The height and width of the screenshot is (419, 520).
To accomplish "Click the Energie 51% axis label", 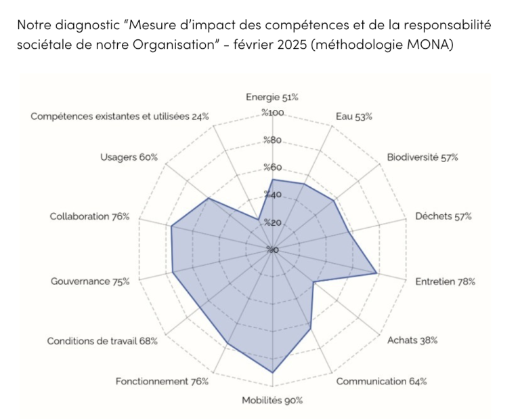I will pos(272,97).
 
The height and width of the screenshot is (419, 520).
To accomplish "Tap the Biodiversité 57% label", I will pos(422,157).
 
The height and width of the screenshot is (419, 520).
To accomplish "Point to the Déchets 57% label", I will pos(443,216).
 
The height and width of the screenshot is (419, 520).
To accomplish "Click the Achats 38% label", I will pos(412,340).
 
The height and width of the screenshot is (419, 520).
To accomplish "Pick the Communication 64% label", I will pos(381,381).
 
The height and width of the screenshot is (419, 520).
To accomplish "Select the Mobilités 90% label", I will pos(272,401).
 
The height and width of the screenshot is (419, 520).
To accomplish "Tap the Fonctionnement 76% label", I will pos(162,381).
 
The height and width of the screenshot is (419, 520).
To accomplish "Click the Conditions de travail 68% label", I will pos(102,340).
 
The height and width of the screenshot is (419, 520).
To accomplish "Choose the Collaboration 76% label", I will pos(89,216).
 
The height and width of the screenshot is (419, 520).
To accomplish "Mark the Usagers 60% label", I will pos(129,157).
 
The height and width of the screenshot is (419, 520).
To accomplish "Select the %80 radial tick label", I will pos(272,141).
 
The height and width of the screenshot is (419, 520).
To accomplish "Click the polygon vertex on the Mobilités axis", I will pos(272,372).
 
